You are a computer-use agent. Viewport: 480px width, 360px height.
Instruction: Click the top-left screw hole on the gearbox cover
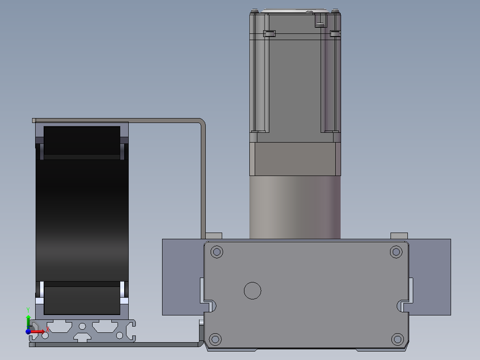pos(217,252)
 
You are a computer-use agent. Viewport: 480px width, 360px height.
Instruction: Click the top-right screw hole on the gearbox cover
pos(396,252)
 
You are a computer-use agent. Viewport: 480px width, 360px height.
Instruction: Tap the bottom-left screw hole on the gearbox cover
pos(215,339)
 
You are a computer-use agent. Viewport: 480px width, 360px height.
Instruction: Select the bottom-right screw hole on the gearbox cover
pos(397,339)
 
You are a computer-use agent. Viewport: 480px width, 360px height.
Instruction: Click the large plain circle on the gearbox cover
pos(252,290)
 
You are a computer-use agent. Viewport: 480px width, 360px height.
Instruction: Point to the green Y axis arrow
pos(28,321)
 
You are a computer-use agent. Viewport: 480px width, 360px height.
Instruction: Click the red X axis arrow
pos(37,331)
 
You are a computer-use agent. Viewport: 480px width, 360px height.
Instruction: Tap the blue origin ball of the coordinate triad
pos(28,331)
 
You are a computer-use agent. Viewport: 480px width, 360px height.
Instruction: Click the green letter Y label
pos(28,310)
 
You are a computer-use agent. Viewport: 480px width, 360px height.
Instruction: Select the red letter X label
pos(48,330)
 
